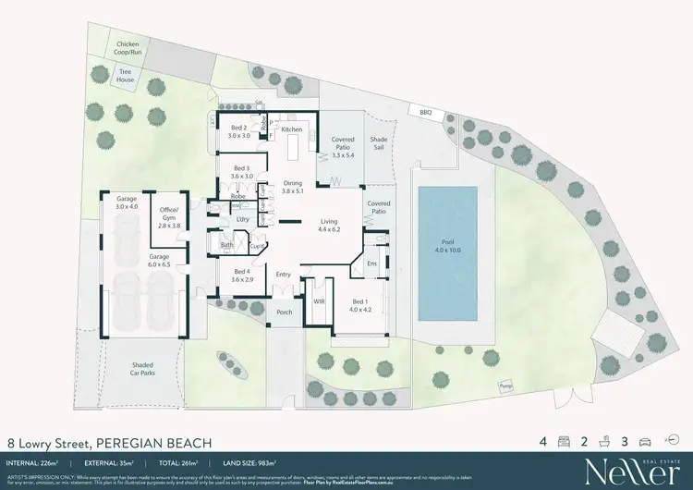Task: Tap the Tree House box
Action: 126,77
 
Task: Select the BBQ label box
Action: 425,112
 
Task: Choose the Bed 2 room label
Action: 239,131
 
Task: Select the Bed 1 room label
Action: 360,306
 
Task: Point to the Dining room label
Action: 292,187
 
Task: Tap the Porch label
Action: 284,312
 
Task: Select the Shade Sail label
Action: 377,146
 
